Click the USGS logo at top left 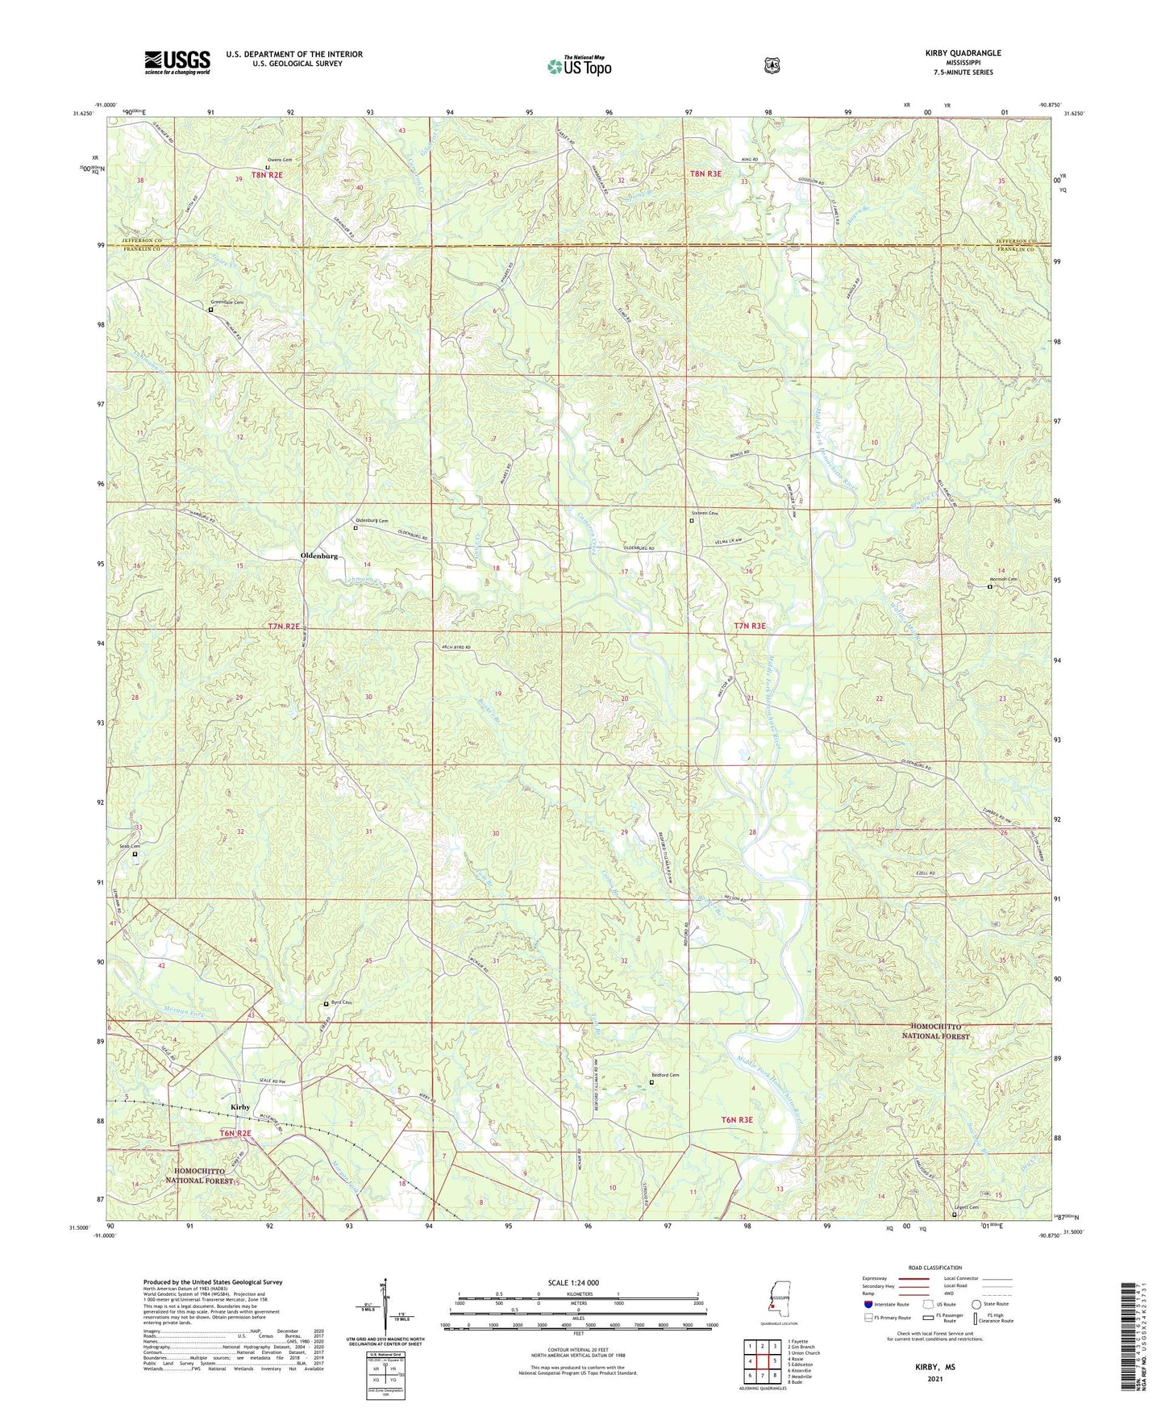[177, 62]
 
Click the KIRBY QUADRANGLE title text [963, 53]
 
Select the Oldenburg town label [318, 556]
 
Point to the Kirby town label [240, 1107]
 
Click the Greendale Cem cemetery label [227, 302]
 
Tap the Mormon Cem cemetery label [1003, 580]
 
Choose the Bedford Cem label [665, 1075]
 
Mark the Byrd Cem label [342, 1002]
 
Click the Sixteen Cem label [704, 514]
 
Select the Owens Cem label [280, 160]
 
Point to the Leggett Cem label [966, 1207]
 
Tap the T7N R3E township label [749, 626]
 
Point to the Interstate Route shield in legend [868, 1304]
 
